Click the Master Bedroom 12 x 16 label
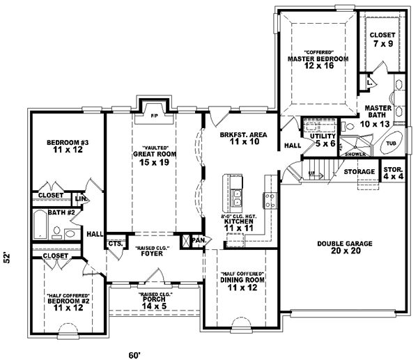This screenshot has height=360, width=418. click(317, 61)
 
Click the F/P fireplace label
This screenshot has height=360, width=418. click(154, 115)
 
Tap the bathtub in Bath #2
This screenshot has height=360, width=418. click(40, 226)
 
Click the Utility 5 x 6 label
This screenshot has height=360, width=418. click(323, 139)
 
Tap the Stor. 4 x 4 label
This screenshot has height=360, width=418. click(393, 173)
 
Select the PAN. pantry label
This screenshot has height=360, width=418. click(199, 240)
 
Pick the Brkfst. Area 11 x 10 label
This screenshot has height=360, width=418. click(234, 137)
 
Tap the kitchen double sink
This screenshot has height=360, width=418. click(238, 198)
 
